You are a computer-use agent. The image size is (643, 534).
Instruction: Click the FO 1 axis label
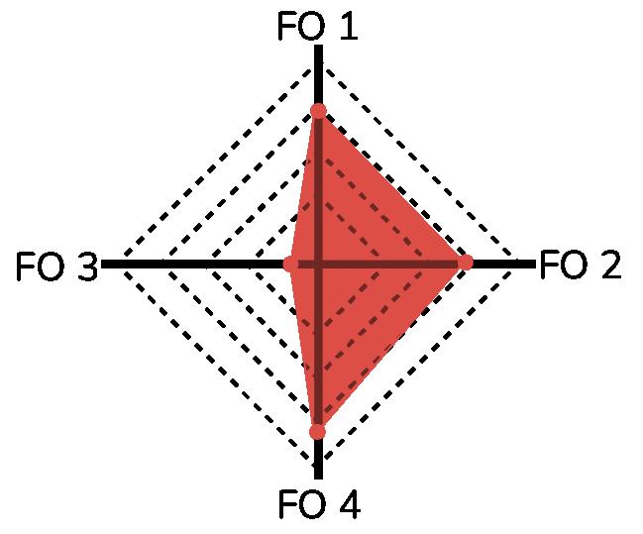pos(317,27)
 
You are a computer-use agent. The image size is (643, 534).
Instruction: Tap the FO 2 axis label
pos(581,266)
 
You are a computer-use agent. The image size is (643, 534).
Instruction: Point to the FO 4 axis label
pos(317,506)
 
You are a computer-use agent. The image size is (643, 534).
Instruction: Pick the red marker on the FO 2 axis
pos(466,263)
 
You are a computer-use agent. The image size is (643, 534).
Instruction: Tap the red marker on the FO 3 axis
pos(290,265)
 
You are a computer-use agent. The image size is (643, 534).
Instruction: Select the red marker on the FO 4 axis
pos(317,431)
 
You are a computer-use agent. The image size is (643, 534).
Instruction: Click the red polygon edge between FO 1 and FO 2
pos(392,186)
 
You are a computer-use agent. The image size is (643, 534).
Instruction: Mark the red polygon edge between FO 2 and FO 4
pos(391,347)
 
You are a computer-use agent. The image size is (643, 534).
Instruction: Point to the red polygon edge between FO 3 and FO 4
pos(303,348)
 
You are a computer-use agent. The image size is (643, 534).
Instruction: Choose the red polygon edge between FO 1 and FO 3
pos(304,187)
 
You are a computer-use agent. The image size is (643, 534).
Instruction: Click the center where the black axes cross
pos(318,265)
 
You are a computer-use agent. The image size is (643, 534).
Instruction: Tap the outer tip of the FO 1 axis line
pos(318,47)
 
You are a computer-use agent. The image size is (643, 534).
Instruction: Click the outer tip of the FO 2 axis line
pos(533,264)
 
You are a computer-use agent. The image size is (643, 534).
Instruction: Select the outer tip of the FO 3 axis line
pos(103,265)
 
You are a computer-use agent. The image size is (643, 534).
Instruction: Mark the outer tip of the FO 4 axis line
pos(318,480)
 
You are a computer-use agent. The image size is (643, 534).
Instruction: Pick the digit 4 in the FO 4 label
pos(347,506)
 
